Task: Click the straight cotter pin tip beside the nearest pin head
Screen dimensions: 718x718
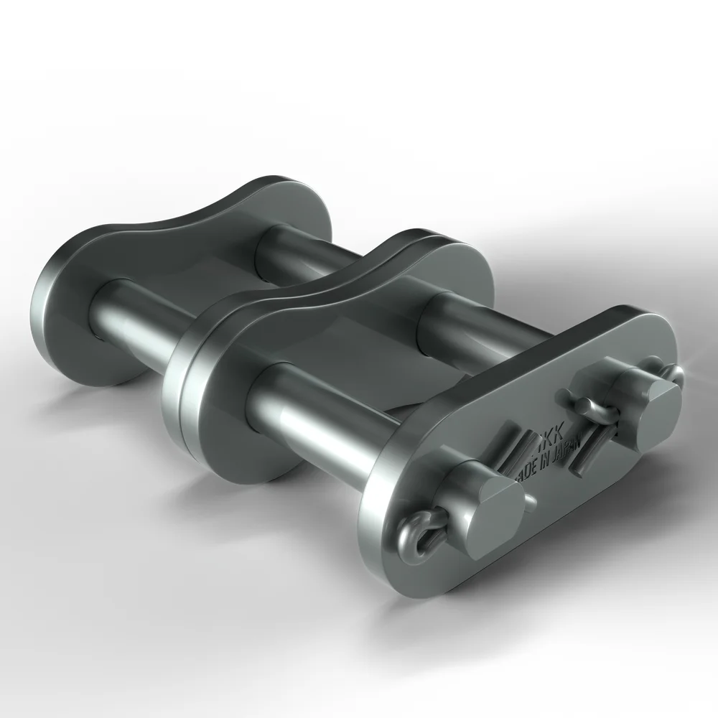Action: click(530, 498)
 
